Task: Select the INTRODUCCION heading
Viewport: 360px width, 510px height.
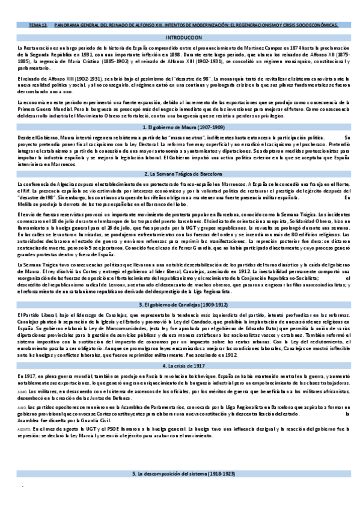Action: click(x=180, y=37)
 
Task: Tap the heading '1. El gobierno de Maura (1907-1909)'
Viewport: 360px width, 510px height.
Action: click(x=180, y=111)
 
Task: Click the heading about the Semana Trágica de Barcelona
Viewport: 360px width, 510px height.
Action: click(x=180, y=173)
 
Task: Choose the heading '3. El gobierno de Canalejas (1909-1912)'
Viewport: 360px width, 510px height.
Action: click(x=180, y=304)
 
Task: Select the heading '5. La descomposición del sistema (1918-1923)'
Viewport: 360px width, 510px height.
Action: click(x=180, y=475)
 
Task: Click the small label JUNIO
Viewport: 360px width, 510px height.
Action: click(x=23, y=392)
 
